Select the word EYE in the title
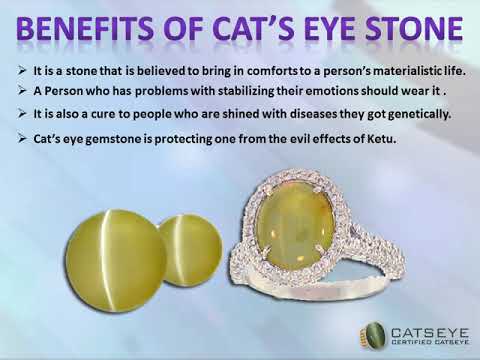click(x=321, y=33)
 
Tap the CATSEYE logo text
click(x=420, y=327)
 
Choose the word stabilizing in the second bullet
click(x=220, y=91)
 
